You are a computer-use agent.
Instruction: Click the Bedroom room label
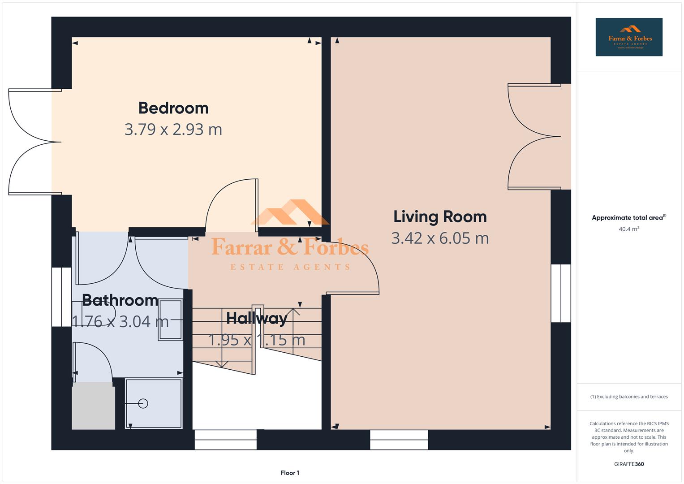173,108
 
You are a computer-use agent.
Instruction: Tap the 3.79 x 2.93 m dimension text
173,130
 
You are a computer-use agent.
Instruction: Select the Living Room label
439,217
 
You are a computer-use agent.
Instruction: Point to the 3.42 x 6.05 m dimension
439,238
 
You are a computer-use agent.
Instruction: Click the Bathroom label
120,300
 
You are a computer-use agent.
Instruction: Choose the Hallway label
256,318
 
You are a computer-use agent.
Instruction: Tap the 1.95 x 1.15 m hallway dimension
256,340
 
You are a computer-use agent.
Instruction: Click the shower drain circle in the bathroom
143,403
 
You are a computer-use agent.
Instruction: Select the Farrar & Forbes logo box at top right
628,37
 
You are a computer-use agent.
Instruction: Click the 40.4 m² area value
628,229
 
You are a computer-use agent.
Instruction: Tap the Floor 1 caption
290,473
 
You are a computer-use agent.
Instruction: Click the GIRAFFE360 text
628,464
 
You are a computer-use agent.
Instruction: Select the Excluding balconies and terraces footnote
628,397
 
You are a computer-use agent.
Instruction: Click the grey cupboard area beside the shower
93,406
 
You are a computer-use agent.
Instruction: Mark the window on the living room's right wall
560,293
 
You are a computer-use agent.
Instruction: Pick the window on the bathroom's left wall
61,297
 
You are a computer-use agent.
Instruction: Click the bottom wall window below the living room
399,440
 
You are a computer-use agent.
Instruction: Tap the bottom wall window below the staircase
225,440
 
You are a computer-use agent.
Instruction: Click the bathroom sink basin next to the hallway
170,320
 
